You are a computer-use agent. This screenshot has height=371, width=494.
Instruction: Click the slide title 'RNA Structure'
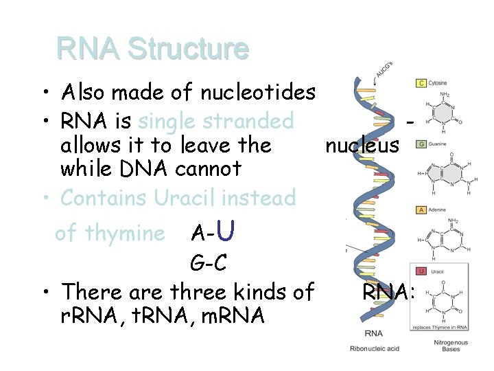point(152,49)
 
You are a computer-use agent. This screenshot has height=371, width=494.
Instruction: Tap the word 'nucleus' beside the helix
point(362,145)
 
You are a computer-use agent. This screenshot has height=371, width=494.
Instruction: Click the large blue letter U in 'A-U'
point(229,232)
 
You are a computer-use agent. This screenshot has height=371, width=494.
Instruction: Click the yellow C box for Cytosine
point(421,83)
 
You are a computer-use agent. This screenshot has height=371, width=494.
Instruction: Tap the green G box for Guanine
point(421,144)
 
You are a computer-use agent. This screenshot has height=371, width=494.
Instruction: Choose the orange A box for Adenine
point(421,210)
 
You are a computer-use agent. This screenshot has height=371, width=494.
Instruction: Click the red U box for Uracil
point(421,271)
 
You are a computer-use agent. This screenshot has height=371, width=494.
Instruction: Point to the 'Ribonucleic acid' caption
point(373,349)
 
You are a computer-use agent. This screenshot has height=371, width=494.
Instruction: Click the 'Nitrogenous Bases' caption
point(451,346)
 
